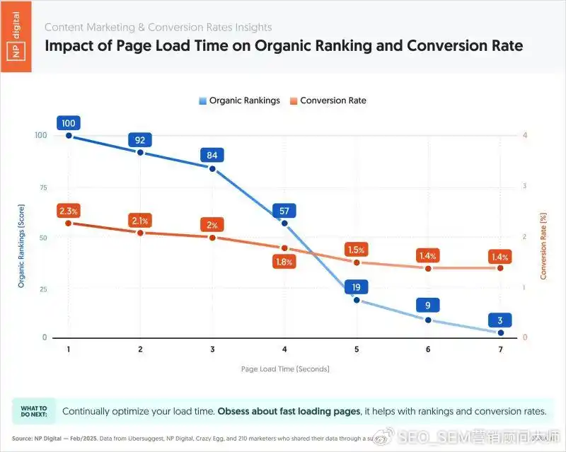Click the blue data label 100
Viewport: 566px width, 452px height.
coord(69,123)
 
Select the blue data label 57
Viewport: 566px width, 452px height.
coord(284,211)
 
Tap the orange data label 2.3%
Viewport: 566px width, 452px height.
coord(69,211)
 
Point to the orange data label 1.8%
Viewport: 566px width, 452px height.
coord(284,262)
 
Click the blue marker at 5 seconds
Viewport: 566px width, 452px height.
coord(357,300)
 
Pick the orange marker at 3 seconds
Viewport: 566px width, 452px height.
coord(212,237)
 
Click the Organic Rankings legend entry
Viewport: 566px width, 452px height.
coord(239,100)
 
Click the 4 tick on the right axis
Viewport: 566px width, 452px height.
coord(524,135)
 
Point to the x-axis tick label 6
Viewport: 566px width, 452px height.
coord(428,350)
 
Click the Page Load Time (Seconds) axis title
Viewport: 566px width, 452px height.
coord(285,369)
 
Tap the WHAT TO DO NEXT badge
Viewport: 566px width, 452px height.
coord(33,411)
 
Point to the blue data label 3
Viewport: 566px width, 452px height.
coord(500,320)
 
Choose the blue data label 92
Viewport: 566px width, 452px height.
coord(141,140)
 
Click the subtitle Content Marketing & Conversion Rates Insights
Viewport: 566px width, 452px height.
coord(158,27)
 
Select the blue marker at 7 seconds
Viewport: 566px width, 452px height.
coord(500,332)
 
